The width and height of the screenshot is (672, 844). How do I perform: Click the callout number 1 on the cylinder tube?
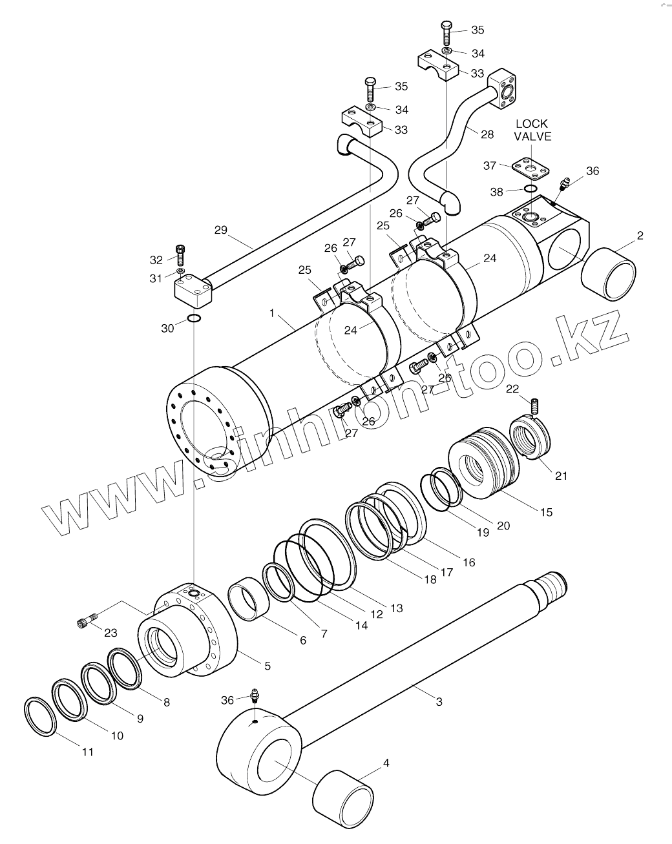coord(273,313)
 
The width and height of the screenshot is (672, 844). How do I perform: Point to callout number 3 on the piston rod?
coord(439,701)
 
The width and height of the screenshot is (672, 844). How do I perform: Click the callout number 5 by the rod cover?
coord(267,665)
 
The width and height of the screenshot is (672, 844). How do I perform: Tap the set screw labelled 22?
coord(534,407)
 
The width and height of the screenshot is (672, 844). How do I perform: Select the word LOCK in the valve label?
coord(531,123)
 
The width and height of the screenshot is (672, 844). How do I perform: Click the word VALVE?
coord(532,136)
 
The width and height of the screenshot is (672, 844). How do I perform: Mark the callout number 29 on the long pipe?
coord(222,229)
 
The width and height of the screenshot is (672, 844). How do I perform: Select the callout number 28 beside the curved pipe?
coord(487,134)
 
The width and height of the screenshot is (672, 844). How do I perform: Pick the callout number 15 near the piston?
coord(546,512)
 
